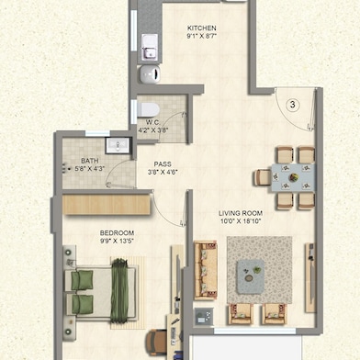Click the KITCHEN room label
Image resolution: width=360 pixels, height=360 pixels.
tap(202, 28)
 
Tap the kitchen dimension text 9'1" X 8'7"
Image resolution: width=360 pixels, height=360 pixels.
tap(202, 36)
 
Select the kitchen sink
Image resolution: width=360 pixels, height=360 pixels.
tap(150, 47)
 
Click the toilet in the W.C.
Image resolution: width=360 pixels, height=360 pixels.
tap(148, 109)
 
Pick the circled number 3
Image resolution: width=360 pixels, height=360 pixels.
tap(293, 105)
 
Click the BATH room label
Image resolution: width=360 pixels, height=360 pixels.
tap(90, 161)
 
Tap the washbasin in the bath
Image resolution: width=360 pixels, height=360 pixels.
tap(118, 145)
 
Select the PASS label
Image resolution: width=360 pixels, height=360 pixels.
tap(163, 164)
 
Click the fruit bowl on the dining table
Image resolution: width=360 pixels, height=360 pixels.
tap(294, 177)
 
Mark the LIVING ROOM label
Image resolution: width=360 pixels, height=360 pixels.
tap(241, 213)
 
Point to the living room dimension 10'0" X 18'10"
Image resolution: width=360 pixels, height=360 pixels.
tap(241, 221)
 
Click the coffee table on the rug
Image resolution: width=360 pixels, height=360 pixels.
tap(251, 276)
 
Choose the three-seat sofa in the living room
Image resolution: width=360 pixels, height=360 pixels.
tap(206, 270)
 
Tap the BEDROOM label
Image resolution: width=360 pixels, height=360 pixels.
tap(117, 233)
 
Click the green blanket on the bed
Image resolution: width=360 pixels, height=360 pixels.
tap(119, 290)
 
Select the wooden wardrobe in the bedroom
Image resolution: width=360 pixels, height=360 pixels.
tap(107, 205)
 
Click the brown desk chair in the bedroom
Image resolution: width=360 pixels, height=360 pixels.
tap(156, 343)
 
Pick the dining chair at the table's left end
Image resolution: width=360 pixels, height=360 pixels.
tap(263, 177)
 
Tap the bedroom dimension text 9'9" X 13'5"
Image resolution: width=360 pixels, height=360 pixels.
tap(117, 241)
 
